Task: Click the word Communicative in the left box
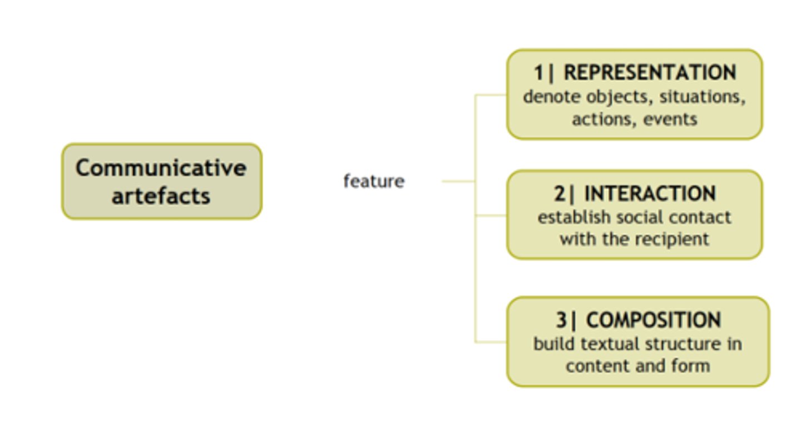(161, 168)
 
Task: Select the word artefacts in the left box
(161, 196)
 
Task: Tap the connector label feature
(374, 181)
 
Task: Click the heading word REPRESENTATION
(650, 73)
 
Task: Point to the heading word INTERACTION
(650, 193)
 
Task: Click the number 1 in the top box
(538, 73)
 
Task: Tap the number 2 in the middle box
(559, 193)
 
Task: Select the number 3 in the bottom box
(561, 320)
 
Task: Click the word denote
(548, 97)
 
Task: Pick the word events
(671, 119)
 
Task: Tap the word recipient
(677, 239)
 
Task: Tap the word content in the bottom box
(595, 366)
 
